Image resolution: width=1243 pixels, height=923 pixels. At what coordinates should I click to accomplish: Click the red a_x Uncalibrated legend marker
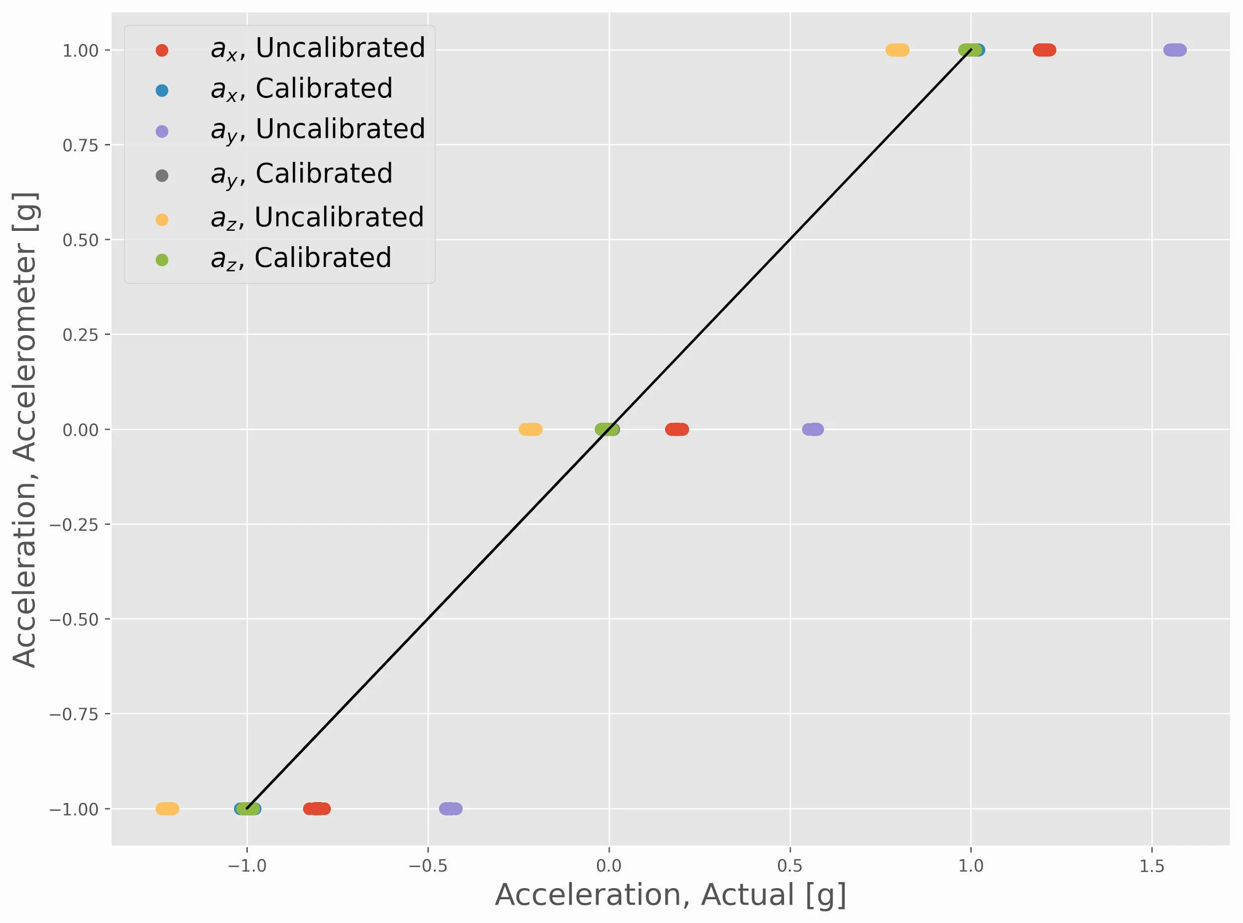[162, 50]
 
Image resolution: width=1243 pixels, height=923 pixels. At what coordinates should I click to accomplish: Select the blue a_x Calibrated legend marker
[162, 91]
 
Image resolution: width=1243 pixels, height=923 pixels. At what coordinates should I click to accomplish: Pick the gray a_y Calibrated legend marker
[162, 176]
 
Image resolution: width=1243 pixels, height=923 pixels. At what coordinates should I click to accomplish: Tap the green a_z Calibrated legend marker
[162, 260]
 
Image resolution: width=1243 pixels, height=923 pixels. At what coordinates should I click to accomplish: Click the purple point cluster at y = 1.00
[1175, 50]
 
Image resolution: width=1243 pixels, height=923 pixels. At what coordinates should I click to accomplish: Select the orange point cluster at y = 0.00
[530, 429]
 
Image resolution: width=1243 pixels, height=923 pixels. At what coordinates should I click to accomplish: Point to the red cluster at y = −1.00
[317, 809]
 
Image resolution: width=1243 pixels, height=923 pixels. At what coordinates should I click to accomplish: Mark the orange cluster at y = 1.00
[897, 50]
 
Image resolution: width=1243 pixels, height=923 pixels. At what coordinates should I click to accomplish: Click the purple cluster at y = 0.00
[813, 429]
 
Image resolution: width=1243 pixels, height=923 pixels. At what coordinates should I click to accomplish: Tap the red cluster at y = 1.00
[1044, 50]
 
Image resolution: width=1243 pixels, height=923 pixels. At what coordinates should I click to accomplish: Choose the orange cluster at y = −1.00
[167, 809]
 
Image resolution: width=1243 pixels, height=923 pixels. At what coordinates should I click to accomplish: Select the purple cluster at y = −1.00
[451, 809]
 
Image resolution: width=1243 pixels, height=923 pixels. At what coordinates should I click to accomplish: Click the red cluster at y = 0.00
[677, 429]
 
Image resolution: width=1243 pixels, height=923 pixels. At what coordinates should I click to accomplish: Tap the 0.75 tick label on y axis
[81, 145]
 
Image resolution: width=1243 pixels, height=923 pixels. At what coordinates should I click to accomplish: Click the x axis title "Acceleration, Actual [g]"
[670, 895]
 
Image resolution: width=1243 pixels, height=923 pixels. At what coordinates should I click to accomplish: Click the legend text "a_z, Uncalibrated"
[317, 218]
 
